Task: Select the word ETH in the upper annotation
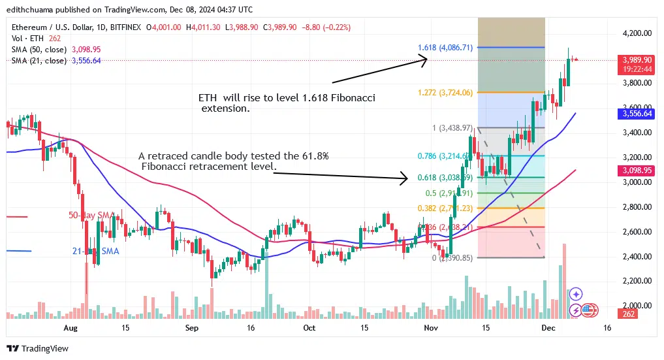(x=208, y=97)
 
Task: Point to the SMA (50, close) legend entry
(x=39, y=49)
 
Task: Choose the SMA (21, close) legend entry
(x=39, y=60)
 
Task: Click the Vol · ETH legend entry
(x=27, y=38)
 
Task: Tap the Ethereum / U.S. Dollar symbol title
(x=48, y=27)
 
